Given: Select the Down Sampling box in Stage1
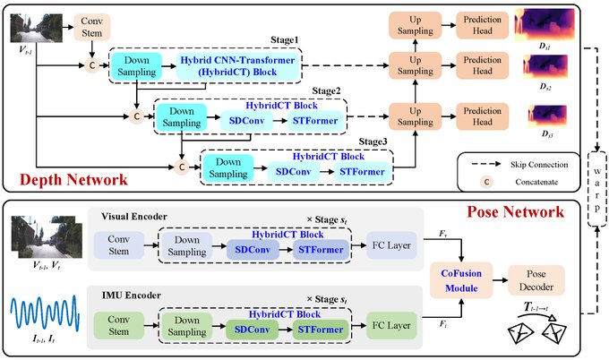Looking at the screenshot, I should click(135, 65).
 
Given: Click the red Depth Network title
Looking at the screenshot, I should click(64, 179).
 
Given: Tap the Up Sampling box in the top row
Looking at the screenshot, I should click(409, 24).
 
